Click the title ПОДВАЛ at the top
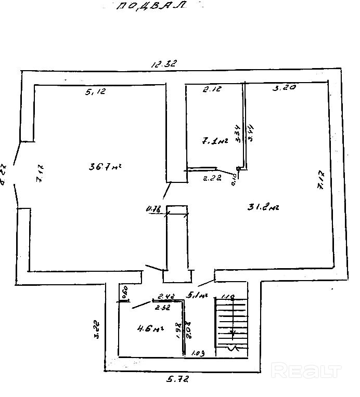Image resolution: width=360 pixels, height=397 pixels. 151,6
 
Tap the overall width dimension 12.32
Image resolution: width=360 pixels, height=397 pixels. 164,64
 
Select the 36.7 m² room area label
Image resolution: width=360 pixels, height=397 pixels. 105,167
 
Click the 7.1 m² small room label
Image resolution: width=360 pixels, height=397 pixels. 214,140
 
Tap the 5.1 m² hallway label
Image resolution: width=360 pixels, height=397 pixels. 197,295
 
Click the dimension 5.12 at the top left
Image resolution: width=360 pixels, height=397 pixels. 95,92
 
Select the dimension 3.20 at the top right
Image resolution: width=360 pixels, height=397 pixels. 285,88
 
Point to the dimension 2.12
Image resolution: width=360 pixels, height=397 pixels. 212,89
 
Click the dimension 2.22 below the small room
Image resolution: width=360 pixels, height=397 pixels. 212,178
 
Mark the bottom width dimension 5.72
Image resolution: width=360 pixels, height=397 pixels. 177,380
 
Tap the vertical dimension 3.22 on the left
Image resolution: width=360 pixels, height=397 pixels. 97,328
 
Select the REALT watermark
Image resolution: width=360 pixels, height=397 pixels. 307,371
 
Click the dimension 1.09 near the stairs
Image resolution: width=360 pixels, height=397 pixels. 198,353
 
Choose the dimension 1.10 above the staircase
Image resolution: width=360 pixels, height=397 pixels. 228,297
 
